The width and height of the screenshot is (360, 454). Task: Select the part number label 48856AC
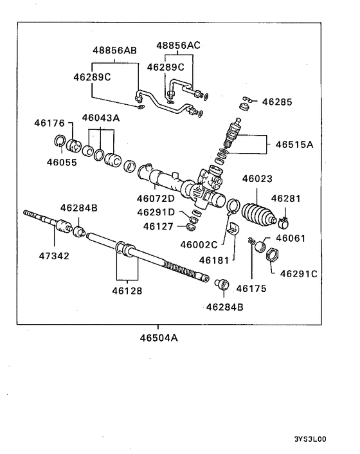(x=178, y=45)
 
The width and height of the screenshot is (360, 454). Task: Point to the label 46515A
(x=294, y=145)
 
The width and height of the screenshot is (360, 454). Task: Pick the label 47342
(x=53, y=255)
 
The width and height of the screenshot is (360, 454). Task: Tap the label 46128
(x=127, y=291)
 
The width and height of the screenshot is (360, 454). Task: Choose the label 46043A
(x=101, y=118)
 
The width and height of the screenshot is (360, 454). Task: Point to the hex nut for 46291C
(x=273, y=257)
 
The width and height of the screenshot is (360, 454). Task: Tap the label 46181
(x=213, y=260)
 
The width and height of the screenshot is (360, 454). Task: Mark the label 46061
(x=290, y=237)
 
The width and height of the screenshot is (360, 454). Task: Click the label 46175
(x=251, y=288)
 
